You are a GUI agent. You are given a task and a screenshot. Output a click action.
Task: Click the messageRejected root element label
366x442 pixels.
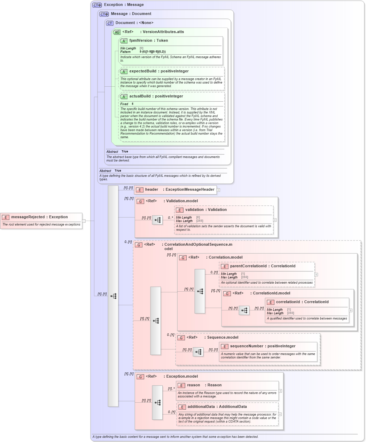click(x=39, y=217)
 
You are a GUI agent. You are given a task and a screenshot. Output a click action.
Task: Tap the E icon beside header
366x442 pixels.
click(x=140, y=190)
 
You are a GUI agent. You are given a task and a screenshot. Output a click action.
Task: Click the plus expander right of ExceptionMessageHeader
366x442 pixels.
click(x=218, y=190)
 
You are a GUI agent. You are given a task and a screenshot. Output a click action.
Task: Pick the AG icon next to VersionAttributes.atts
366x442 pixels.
click(x=117, y=32)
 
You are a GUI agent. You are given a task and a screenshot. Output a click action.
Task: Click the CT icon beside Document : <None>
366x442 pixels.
click(x=110, y=23)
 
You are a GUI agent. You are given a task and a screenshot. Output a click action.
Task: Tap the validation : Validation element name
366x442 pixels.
click(x=206, y=210)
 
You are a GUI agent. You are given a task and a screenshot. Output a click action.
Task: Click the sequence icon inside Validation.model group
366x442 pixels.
click(x=157, y=220)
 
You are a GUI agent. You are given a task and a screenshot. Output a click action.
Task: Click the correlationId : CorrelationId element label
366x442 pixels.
click(x=302, y=302)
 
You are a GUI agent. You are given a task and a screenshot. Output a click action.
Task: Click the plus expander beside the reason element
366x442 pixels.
click(x=280, y=391)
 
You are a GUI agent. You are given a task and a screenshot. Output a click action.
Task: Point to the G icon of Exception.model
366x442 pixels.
click(x=140, y=377)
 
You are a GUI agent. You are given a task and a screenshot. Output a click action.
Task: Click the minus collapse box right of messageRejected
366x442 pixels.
click(x=84, y=221)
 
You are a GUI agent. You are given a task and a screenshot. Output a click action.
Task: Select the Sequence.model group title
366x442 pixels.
click(x=223, y=338)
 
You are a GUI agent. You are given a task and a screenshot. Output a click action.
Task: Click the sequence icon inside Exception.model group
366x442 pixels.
click(x=157, y=403)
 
